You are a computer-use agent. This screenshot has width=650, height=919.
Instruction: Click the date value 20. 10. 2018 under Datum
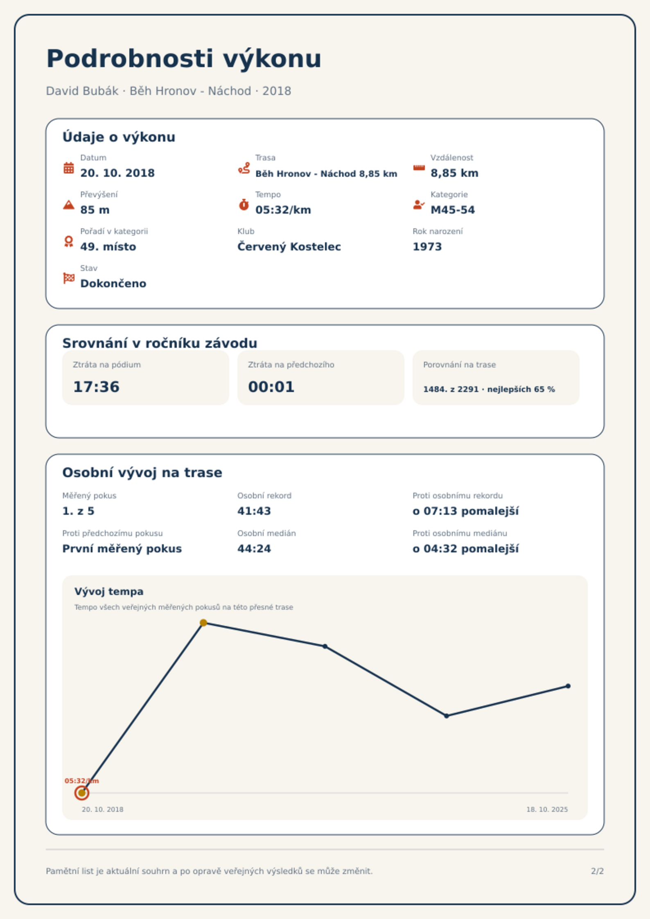pos(117,173)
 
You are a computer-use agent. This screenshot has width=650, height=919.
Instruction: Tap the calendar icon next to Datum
pos(69,168)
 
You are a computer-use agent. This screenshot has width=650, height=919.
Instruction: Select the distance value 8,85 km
pos(454,173)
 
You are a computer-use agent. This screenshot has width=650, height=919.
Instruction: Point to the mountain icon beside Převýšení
pos(69,205)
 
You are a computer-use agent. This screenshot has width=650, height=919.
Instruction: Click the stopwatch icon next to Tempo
pos(244,205)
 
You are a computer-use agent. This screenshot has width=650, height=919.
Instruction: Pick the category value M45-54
pos(453,210)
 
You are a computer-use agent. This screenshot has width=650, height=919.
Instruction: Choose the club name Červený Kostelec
pos(289,247)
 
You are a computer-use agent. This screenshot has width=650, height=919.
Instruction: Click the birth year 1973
pos(427,247)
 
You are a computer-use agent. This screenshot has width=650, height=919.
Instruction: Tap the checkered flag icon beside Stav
pos(69,278)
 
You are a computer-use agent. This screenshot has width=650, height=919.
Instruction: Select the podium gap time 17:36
pos(96,387)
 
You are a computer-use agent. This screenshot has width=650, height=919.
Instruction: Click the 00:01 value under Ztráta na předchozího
pos(271,387)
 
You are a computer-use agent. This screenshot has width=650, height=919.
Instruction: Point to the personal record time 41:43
pos(254,511)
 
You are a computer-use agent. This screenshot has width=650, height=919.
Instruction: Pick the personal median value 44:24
pos(254,549)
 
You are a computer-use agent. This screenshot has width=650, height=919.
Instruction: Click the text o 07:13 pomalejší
pos(465,511)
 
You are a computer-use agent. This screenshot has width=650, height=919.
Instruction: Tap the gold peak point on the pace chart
pos(203,623)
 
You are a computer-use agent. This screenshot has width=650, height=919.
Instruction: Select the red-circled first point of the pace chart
pos(82,793)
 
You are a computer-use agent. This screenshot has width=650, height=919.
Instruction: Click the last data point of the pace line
pos(568,686)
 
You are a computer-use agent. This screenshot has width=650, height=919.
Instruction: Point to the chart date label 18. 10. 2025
pos(547,809)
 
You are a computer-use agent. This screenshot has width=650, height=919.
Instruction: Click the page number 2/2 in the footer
pos(597,871)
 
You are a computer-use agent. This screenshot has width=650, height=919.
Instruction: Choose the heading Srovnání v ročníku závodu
pos(160,343)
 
